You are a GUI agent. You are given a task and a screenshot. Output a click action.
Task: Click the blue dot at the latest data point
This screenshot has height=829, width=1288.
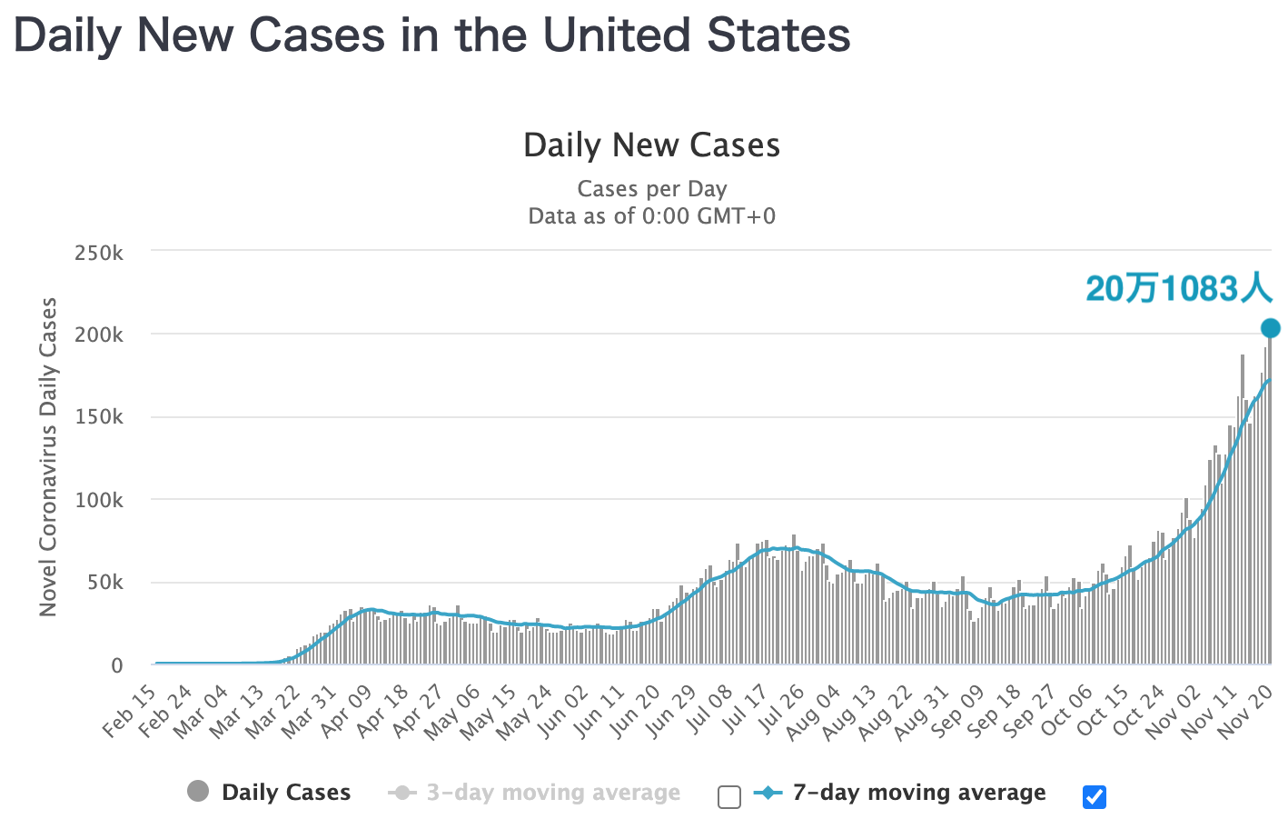(1270, 328)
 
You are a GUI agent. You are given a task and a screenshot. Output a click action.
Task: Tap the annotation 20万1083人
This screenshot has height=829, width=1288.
(1178, 289)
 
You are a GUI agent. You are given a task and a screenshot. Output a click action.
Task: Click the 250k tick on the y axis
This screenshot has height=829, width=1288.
(99, 253)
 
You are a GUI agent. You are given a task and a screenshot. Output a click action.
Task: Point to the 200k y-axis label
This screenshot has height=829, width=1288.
(99, 335)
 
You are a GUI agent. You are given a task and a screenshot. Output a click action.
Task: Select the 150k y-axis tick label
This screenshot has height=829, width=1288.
(99, 417)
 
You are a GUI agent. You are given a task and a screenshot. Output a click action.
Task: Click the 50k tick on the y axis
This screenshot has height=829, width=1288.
(104, 583)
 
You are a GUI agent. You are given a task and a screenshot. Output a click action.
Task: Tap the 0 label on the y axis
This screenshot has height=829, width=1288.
(116, 665)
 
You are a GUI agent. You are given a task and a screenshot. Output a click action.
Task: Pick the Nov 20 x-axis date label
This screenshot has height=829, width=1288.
(1244, 711)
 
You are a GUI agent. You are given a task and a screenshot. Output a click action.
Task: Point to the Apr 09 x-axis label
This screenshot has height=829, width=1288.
(347, 711)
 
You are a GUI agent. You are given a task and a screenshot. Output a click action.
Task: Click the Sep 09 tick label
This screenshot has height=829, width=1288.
(958, 711)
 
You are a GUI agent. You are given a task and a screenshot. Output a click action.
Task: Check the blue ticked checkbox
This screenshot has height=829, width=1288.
(1095, 797)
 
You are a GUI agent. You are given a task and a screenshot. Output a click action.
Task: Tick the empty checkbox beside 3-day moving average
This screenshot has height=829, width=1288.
(729, 797)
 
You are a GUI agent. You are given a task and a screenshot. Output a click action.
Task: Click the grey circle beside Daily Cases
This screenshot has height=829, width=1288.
(198, 792)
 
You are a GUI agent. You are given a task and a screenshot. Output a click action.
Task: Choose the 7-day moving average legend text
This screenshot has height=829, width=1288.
(918, 793)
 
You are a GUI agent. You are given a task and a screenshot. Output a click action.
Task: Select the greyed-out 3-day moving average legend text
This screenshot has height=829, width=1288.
(553, 793)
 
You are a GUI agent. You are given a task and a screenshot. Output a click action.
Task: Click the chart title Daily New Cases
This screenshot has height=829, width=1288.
(651, 145)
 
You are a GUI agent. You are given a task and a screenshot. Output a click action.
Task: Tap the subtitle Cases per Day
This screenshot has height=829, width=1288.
(651, 189)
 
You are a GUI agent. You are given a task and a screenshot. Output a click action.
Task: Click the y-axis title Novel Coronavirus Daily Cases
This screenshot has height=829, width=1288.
(48, 456)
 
